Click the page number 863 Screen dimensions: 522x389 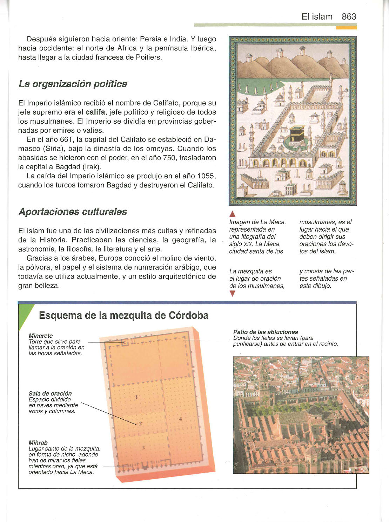point(349,16)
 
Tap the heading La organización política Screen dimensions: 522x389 point(73,84)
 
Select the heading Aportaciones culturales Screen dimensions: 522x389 point(73,212)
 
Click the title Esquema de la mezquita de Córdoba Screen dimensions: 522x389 point(124,315)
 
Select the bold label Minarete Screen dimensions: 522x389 point(41,336)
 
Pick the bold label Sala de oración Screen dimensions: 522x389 point(50,393)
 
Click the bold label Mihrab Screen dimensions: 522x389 point(38,443)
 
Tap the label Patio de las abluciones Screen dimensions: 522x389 point(266,332)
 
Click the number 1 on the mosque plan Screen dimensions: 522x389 point(136,397)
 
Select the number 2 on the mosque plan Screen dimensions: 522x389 point(140,424)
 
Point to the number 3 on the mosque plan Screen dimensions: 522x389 point(143,447)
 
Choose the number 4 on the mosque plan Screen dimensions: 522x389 point(180,419)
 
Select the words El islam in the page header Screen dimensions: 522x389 point(317,16)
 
